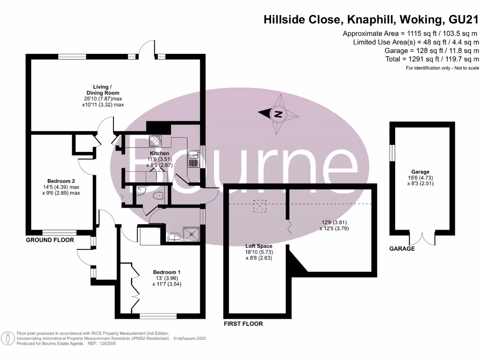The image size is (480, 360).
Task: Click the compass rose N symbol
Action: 278,114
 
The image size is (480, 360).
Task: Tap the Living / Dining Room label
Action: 102,90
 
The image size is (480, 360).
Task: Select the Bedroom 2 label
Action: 61,181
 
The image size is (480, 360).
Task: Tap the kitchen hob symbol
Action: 155,140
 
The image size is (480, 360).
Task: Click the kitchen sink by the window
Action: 194,159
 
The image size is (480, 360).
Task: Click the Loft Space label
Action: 259,246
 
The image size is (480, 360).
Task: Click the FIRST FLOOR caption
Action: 243,324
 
